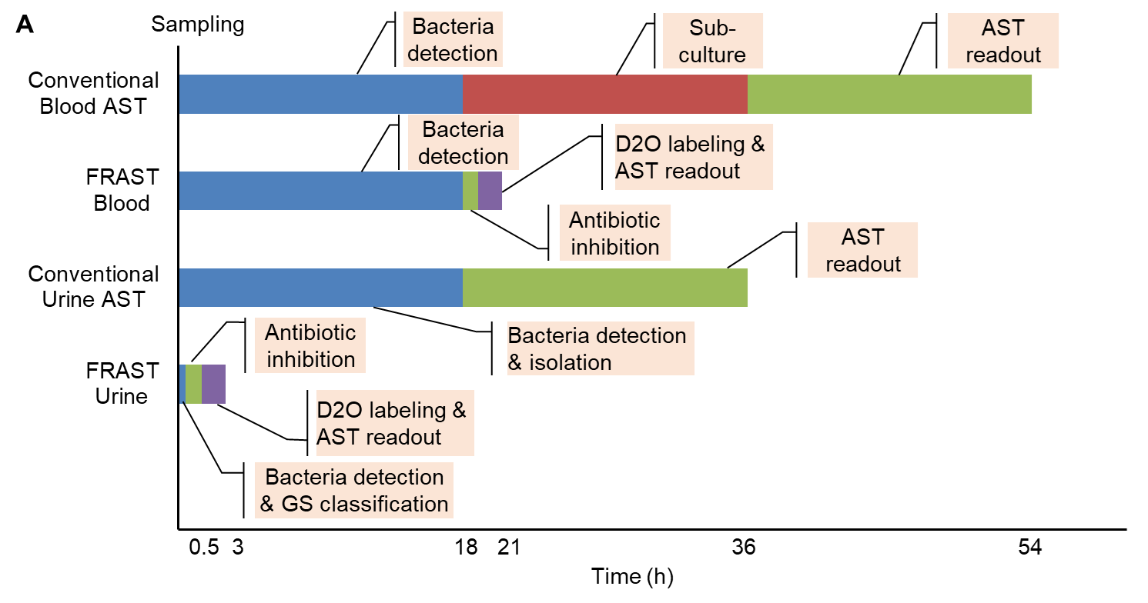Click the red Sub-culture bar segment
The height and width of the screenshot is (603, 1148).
coord(604,94)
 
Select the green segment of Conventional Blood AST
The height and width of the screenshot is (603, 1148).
coord(889,94)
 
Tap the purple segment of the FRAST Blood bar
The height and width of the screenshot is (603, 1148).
coord(490,191)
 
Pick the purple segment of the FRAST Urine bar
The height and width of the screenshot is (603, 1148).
coord(214,384)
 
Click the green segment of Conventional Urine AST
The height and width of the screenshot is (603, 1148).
coord(604,288)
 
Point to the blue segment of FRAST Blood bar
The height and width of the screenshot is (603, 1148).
coord(321,191)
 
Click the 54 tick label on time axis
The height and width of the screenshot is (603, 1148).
coord(1029,547)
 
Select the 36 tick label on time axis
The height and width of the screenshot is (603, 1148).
coord(744,547)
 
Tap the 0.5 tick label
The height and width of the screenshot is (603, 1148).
coord(204,547)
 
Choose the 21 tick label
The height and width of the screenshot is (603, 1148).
coord(509,547)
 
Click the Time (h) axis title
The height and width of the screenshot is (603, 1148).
coord(632,576)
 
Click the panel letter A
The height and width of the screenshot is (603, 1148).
coord(25,25)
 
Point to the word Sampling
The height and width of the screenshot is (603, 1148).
coord(198,25)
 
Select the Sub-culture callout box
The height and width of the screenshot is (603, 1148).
coord(713,41)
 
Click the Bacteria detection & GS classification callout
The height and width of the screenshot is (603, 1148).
coord(354,491)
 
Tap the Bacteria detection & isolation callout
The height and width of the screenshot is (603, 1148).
coord(601,348)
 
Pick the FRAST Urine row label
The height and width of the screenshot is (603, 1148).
coord(122,383)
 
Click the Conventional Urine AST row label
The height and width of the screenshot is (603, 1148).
coord(93,287)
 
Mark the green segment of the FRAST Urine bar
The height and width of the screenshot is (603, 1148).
coord(194,384)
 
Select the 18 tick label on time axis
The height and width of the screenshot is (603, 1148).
coord(467,547)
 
